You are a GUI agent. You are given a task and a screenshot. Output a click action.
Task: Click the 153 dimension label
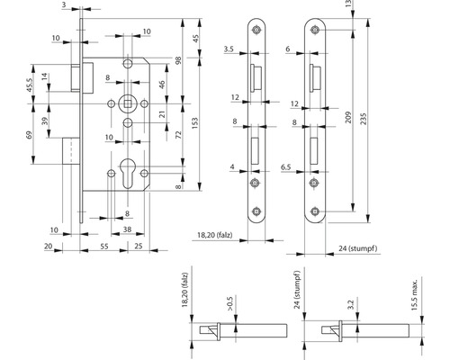[x=194, y=123]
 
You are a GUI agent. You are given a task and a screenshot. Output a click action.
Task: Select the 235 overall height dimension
[x=363, y=119]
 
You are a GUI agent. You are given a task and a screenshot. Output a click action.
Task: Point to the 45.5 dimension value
[x=30, y=85]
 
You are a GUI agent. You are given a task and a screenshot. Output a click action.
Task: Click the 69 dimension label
[x=29, y=135]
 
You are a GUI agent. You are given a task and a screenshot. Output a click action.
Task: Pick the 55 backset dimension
[x=104, y=247]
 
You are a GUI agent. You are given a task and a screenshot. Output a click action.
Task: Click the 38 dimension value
[x=127, y=229]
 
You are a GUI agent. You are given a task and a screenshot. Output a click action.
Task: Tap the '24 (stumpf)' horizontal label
[x=358, y=248]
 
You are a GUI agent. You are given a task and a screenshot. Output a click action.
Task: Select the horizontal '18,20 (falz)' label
[x=215, y=235]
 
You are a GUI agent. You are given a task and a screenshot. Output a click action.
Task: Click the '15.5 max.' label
[x=414, y=295]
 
